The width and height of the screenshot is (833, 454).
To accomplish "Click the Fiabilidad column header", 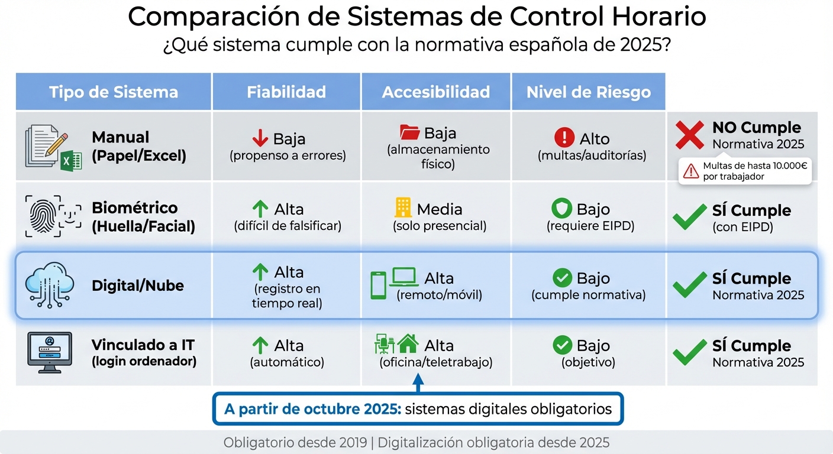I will click(x=286, y=92).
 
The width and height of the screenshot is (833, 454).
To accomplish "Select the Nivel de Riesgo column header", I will click(x=588, y=92).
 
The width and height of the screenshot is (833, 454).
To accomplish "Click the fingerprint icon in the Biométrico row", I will click(x=44, y=216).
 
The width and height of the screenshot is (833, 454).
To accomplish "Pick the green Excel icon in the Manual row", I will click(x=70, y=160).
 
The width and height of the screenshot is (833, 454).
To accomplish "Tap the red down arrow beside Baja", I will click(x=260, y=138).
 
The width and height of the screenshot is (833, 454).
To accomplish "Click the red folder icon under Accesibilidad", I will click(x=409, y=132).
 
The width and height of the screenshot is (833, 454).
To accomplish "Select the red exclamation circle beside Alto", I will click(x=564, y=138).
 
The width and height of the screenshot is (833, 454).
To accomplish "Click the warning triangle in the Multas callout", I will click(x=690, y=171).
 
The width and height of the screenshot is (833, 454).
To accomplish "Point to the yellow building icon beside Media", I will click(x=403, y=207).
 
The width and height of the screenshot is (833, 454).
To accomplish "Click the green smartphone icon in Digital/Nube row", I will click(x=378, y=284).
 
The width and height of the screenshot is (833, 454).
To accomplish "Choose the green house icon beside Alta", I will click(x=408, y=343).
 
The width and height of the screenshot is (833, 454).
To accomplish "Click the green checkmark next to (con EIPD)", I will click(x=689, y=218).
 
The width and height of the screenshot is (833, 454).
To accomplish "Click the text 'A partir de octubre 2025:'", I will click(x=312, y=409).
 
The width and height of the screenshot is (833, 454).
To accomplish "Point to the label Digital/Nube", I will click(x=138, y=286).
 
